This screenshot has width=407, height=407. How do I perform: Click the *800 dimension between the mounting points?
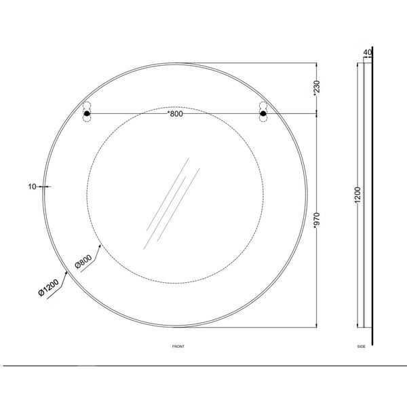click(175, 114)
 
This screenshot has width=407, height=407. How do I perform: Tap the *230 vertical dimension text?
click(317, 88)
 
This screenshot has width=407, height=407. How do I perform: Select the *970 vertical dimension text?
click(317, 221)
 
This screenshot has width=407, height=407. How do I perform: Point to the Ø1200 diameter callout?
click(49, 288)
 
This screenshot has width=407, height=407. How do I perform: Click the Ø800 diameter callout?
click(83, 262)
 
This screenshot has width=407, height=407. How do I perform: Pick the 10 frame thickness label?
click(32, 187)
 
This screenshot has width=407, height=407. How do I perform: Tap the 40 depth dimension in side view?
click(367, 53)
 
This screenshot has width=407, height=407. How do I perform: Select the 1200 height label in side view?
click(357, 195)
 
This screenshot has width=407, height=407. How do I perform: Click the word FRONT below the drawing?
click(178, 347)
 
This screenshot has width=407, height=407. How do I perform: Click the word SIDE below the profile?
click(362, 347)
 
